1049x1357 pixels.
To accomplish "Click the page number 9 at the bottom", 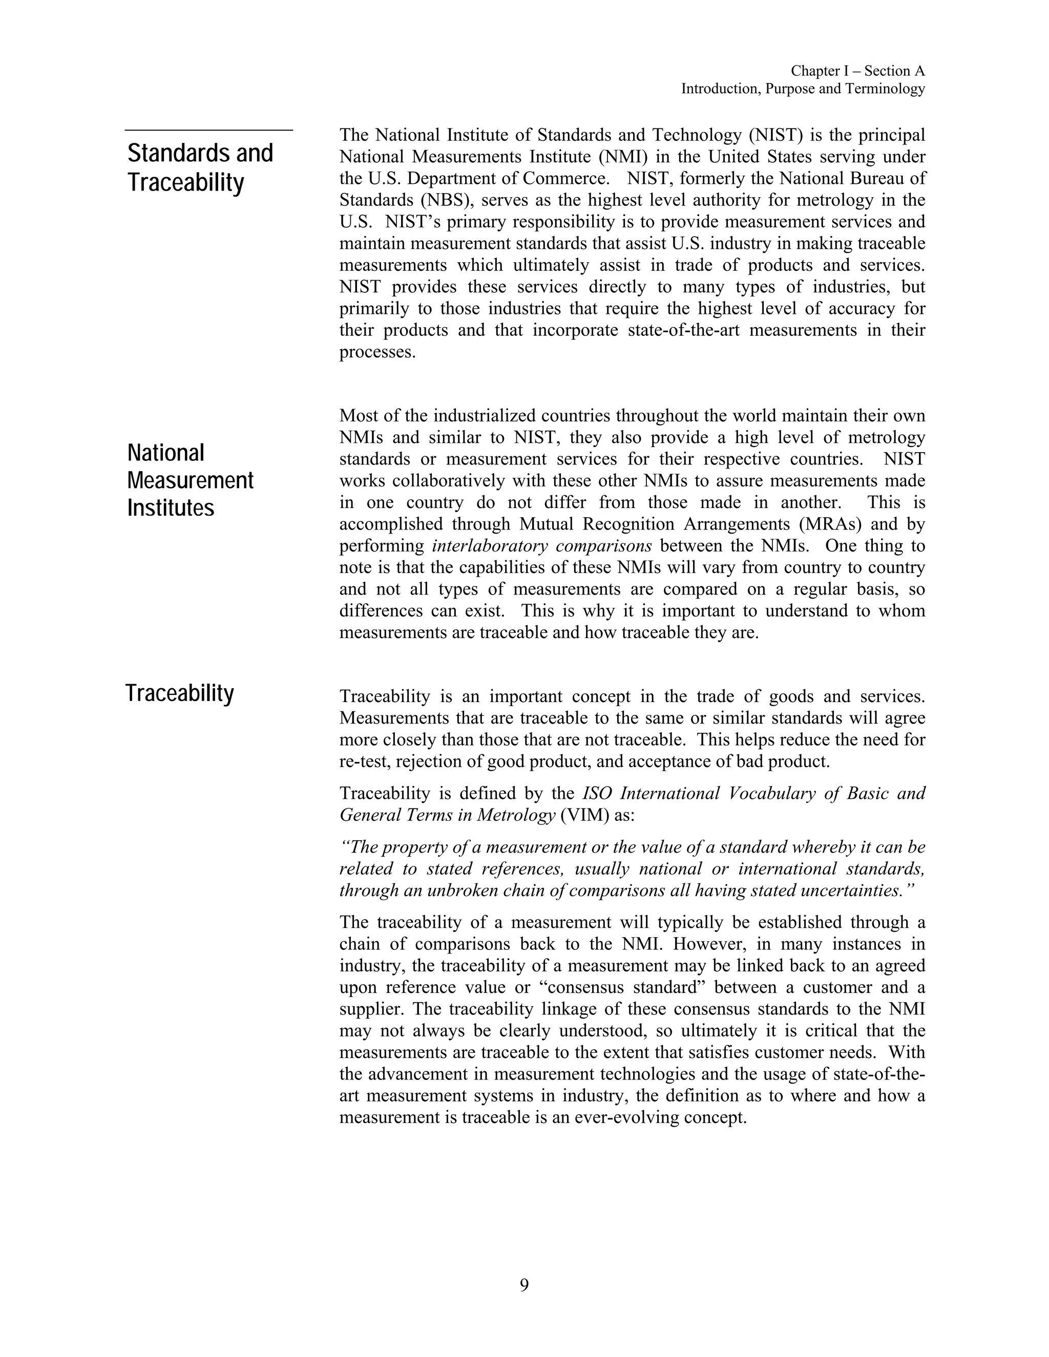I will [x=524, y=1285].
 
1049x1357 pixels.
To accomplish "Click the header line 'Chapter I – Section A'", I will [x=857, y=72].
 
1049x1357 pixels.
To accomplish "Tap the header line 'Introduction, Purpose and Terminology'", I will [x=803, y=89].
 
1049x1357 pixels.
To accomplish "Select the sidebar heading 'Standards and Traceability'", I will [x=200, y=168].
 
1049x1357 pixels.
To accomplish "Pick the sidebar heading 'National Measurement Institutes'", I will [x=190, y=480].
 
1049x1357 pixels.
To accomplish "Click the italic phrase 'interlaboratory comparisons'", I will [x=541, y=546].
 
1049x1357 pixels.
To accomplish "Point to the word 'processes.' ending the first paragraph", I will [x=377, y=352].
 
